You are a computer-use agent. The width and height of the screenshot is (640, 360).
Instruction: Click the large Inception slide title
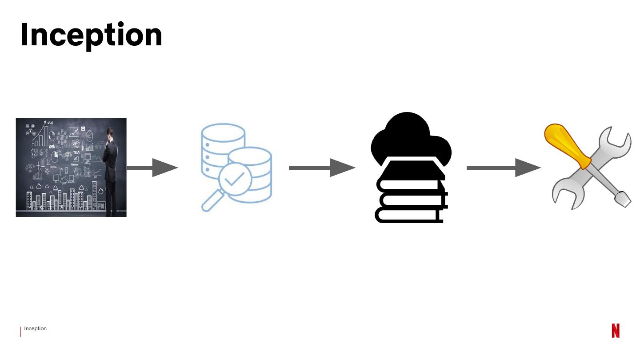pos(91,35)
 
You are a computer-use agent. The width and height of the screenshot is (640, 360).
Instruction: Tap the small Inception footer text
pos(36,329)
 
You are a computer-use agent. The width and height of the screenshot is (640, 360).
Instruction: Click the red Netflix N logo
pos(616,331)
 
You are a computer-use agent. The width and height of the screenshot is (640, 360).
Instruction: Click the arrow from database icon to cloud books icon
pos(322,168)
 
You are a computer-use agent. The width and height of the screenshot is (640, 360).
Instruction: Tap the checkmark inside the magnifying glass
pos(234,179)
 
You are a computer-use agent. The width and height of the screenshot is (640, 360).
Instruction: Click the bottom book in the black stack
pos(409,215)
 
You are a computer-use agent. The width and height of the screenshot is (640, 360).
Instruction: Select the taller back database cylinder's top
pos(223,132)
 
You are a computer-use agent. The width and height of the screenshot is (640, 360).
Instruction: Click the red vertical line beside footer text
pos(20,332)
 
